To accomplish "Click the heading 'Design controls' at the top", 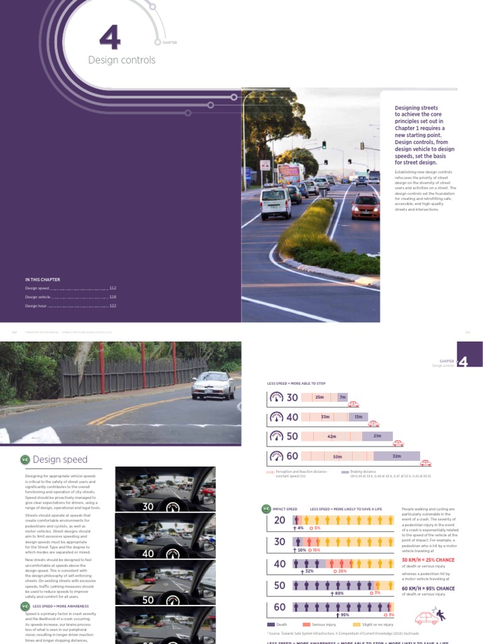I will (121, 60).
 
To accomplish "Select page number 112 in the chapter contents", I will (113, 288).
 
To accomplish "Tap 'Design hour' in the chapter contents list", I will (37, 306).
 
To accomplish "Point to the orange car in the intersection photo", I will (365, 206).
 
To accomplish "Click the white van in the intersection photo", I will (275, 202).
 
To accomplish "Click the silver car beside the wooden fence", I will (213, 385).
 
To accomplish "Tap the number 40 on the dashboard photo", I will (148, 554).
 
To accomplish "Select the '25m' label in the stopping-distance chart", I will (319, 397).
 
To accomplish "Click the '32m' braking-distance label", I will (396, 457).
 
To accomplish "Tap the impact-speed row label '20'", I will (279, 520).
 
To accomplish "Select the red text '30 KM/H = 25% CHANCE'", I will (428, 560).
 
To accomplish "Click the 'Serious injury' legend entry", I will (326, 625).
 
